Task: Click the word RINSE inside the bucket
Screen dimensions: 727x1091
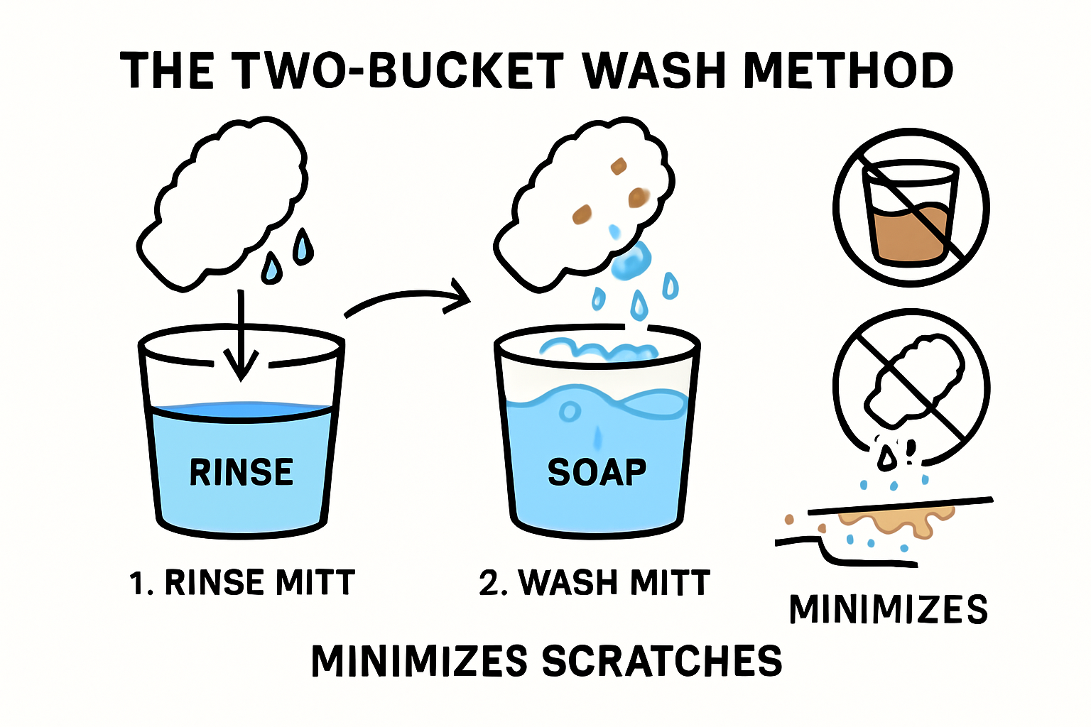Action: [241, 472]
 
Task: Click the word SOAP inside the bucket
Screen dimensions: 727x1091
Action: [597, 472]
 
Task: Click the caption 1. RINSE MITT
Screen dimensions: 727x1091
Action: [241, 583]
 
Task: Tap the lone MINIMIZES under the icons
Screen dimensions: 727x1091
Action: [888, 609]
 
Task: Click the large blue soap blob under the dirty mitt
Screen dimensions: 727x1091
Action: [632, 263]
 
